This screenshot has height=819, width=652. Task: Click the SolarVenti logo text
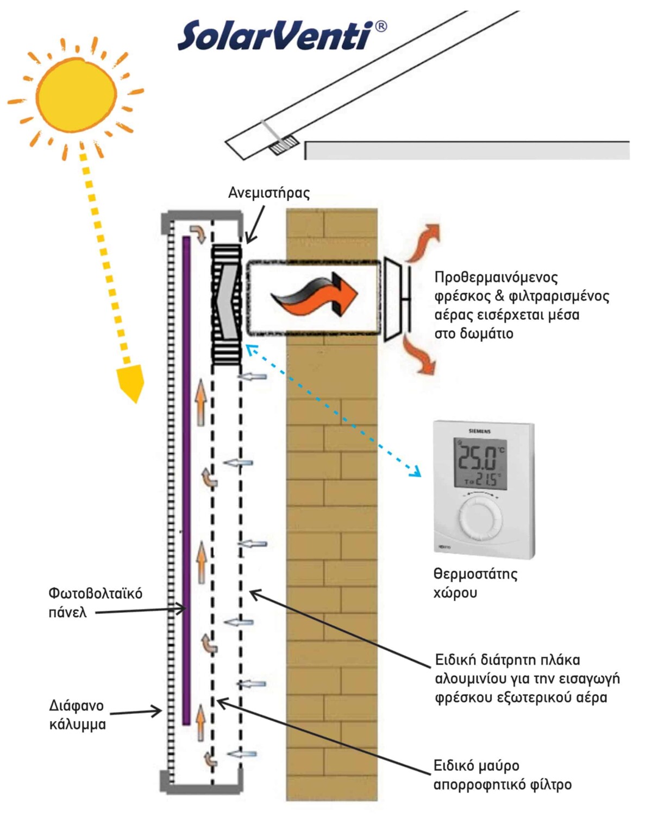coord(275,36)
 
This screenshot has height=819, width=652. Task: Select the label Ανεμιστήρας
coord(268,193)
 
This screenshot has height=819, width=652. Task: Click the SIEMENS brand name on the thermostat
coord(480,431)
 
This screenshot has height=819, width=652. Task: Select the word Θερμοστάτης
coord(475,574)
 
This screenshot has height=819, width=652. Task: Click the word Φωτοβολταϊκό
coord(96,593)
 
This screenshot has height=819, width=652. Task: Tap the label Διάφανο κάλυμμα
coord(77,715)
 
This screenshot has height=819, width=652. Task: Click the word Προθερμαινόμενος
coord(496,277)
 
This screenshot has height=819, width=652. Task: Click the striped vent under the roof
coord(284,144)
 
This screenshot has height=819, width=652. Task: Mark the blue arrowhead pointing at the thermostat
coord(416,472)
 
